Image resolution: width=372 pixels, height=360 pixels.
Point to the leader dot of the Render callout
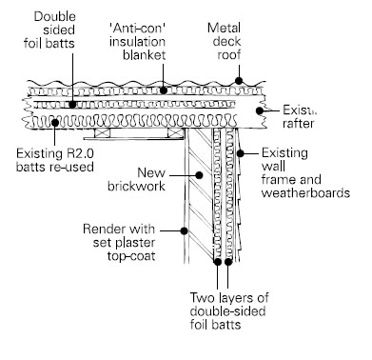point(184,229)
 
